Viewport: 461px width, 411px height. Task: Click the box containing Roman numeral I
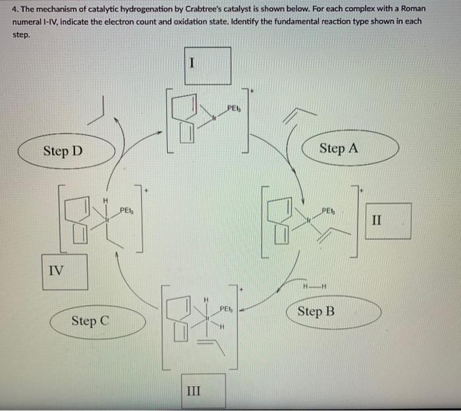click(207, 65)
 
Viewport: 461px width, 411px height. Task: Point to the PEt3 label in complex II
click(329, 211)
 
